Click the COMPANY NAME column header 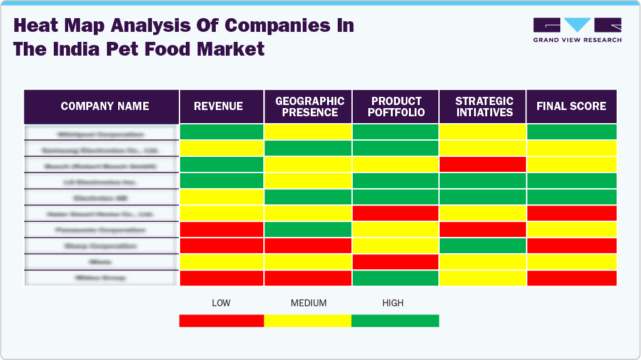click(x=104, y=106)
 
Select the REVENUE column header click(x=218, y=106)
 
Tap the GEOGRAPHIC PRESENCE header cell click(x=310, y=107)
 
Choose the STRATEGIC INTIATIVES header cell click(x=484, y=107)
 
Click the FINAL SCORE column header click(x=571, y=106)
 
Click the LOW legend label click(x=221, y=303)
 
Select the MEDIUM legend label click(x=308, y=303)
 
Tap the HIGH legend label click(x=393, y=303)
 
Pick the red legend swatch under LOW click(x=221, y=321)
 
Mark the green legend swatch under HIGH click(x=395, y=321)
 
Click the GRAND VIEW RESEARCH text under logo click(x=577, y=40)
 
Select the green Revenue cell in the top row click(x=221, y=132)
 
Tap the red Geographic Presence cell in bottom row click(x=308, y=278)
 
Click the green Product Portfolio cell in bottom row click(x=395, y=278)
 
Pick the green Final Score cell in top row click(x=572, y=132)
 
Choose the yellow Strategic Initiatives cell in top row click(x=483, y=132)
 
